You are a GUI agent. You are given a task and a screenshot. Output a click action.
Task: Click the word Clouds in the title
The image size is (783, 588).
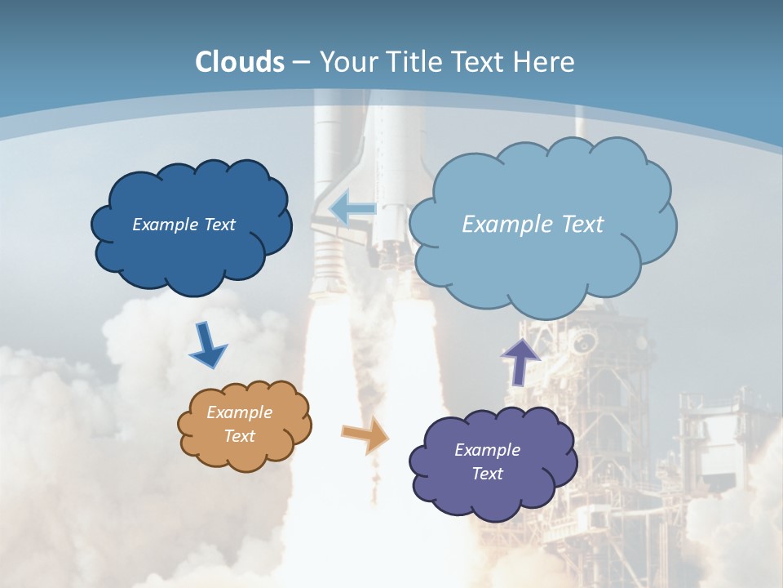click(x=240, y=62)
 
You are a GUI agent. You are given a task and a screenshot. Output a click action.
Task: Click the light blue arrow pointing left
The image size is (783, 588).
click(x=353, y=208)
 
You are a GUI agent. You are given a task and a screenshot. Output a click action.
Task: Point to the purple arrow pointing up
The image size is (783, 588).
click(x=520, y=361)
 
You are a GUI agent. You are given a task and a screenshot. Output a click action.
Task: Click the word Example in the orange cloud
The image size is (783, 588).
click(x=239, y=412)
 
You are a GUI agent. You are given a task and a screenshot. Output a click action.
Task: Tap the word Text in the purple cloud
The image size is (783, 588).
click(x=487, y=474)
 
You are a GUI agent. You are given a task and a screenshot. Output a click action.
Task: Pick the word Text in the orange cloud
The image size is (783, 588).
click(x=239, y=436)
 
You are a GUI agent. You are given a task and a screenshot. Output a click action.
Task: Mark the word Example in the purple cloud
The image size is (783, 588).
click(x=487, y=450)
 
